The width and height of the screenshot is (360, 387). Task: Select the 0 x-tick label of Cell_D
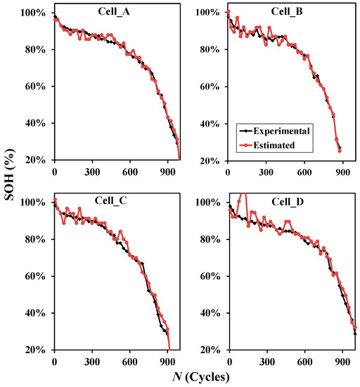pyautogui.click(x=227, y=362)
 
